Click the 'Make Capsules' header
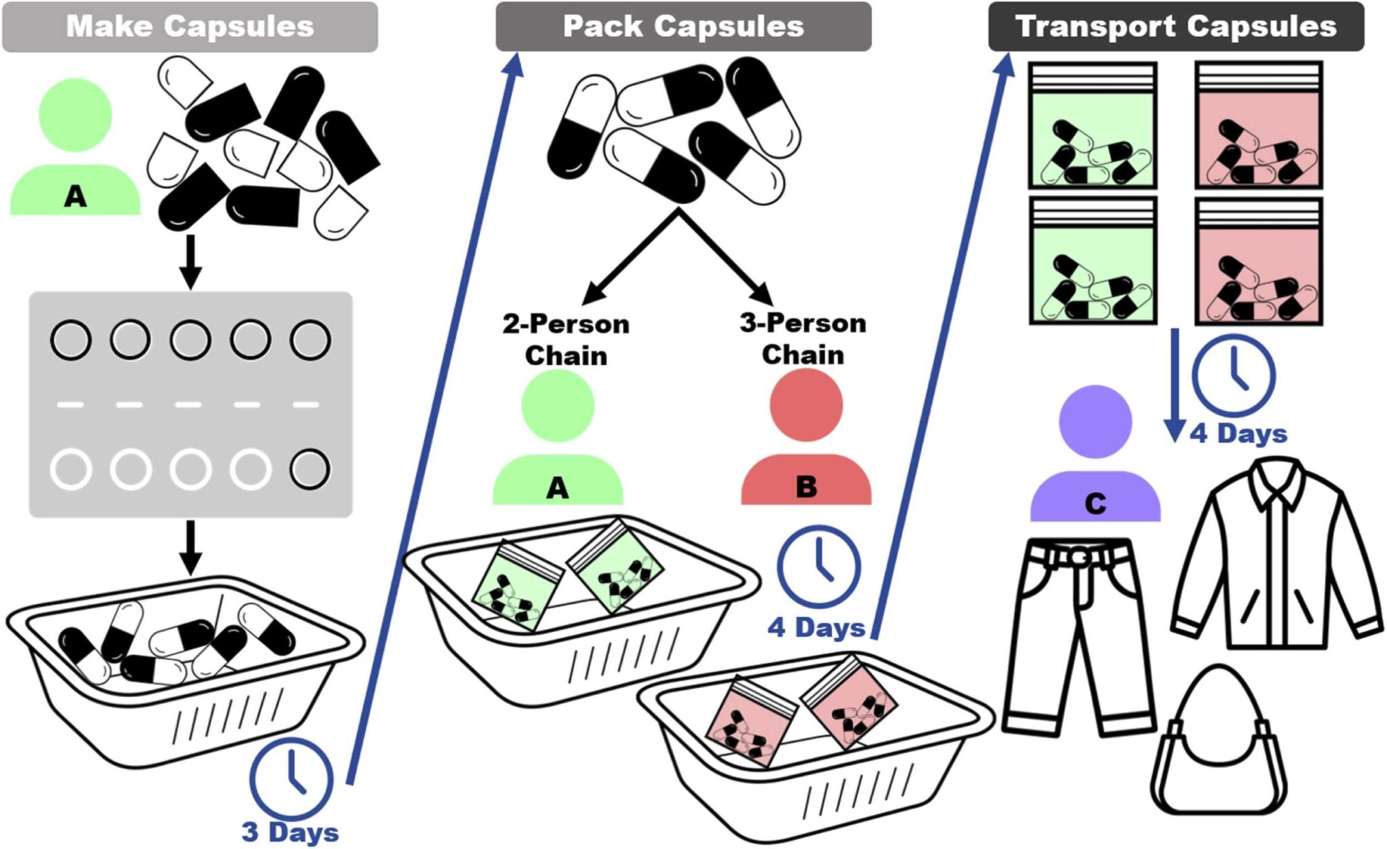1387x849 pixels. (190, 27)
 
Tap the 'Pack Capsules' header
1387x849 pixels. (683, 27)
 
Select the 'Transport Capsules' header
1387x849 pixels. (1176, 27)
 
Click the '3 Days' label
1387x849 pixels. (290, 832)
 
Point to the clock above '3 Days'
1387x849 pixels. (291, 778)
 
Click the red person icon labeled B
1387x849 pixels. (806, 440)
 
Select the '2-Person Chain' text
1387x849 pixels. (566, 339)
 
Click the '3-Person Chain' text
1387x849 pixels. (803, 339)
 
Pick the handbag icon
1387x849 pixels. (1219, 745)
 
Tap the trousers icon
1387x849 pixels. (1077, 637)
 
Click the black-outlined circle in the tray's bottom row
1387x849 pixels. (310, 469)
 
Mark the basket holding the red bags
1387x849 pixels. (813, 745)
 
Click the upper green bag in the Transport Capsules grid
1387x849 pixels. (1092, 125)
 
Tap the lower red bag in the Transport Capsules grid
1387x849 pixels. (1258, 261)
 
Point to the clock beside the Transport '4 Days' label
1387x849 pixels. (1233, 375)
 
